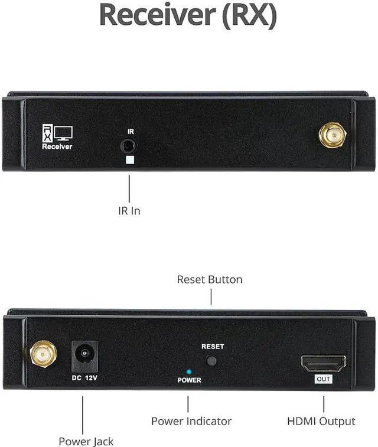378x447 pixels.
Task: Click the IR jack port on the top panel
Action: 129,145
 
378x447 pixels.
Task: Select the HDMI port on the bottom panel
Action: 322,361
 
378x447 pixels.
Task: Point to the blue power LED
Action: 188,372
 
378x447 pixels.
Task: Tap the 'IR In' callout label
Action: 128,210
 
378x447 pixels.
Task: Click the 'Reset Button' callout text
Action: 210,279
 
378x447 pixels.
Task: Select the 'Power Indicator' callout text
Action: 191,421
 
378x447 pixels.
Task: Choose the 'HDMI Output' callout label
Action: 321,421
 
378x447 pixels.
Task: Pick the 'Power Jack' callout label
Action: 86,441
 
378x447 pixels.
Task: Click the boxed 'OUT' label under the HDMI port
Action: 323,379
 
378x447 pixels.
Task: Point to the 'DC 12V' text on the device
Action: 84,377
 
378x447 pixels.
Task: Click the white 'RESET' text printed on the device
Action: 213,347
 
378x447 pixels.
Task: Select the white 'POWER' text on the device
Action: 189,380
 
